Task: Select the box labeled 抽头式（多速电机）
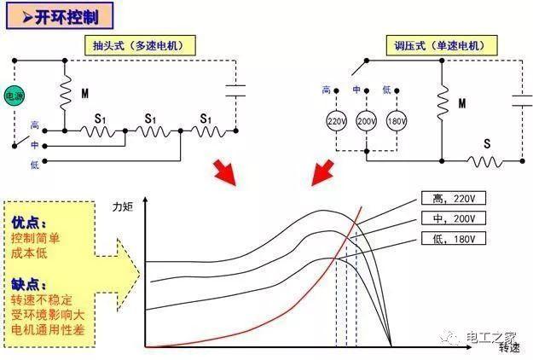[x=139, y=45]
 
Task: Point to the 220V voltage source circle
[x=336, y=121]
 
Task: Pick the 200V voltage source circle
[x=365, y=121]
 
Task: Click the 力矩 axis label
[x=125, y=206]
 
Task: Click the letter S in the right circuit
[x=487, y=143]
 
